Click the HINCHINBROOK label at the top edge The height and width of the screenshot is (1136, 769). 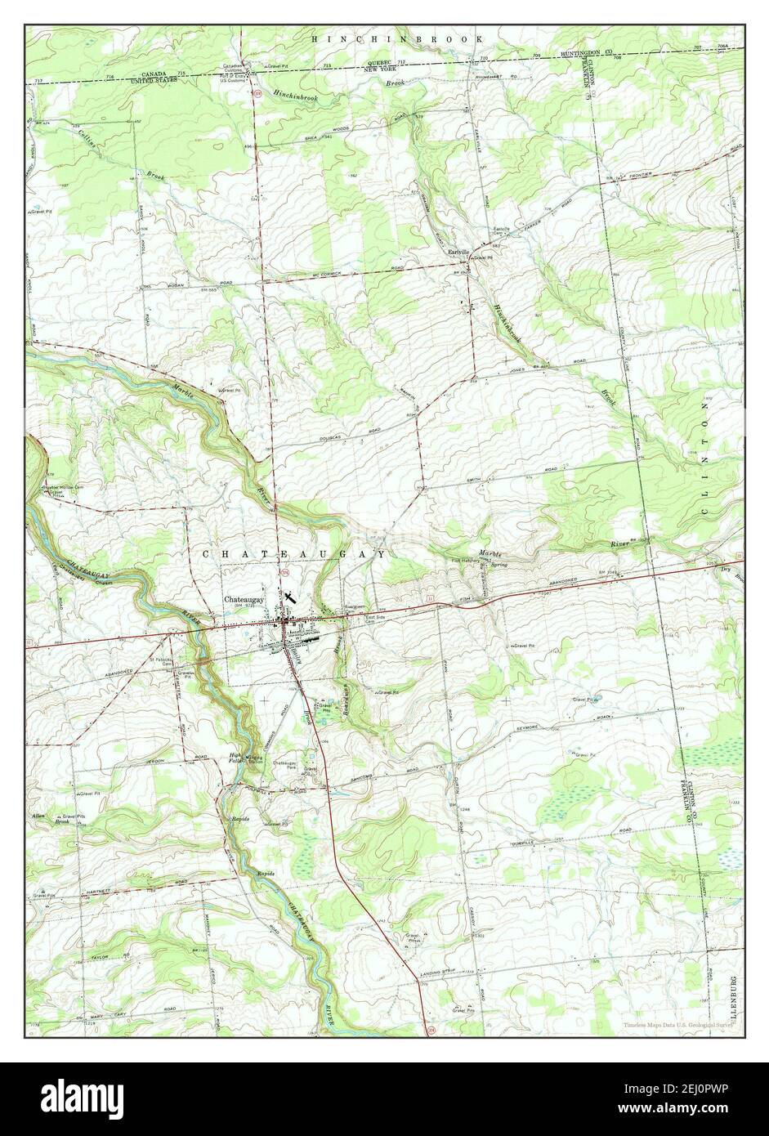[x=399, y=38]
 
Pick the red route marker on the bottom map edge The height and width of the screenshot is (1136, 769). [x=430, y=1032]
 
